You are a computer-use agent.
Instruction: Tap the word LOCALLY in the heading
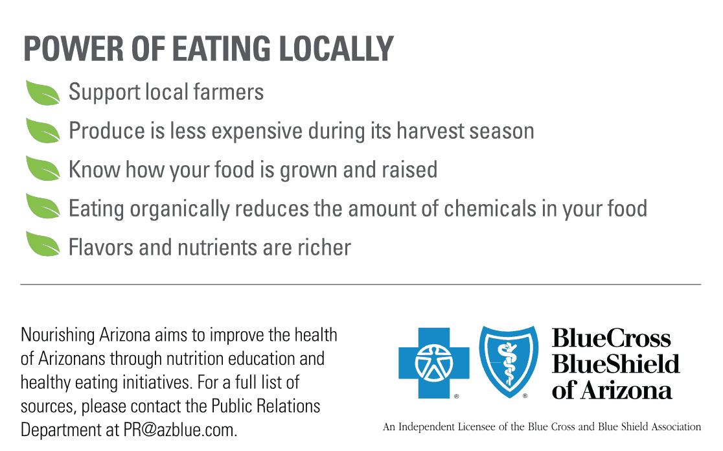pos(336,49)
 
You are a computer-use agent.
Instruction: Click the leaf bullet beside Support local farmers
pos(43,93)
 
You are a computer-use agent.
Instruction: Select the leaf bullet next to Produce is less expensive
pos(43,131)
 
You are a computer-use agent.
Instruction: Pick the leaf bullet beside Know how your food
pos(43,168)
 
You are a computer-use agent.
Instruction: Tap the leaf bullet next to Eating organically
pos(43,206)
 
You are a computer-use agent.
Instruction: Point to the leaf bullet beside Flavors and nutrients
pos(43,244)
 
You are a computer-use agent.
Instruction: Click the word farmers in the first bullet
pos(228,92)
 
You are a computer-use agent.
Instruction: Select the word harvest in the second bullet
pos(430,131)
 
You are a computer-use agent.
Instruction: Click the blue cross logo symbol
pos(434,363)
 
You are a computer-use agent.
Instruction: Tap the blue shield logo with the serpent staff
pos(509,362)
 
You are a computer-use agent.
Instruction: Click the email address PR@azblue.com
pos(180,430)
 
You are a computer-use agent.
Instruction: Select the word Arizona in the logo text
pos(626,391)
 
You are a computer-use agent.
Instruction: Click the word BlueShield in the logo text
pos(615,364)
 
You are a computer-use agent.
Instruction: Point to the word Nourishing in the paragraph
pos(58,335)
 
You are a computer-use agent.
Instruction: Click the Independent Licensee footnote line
pos(542,426)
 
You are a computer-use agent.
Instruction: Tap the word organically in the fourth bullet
pos(180,209)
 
